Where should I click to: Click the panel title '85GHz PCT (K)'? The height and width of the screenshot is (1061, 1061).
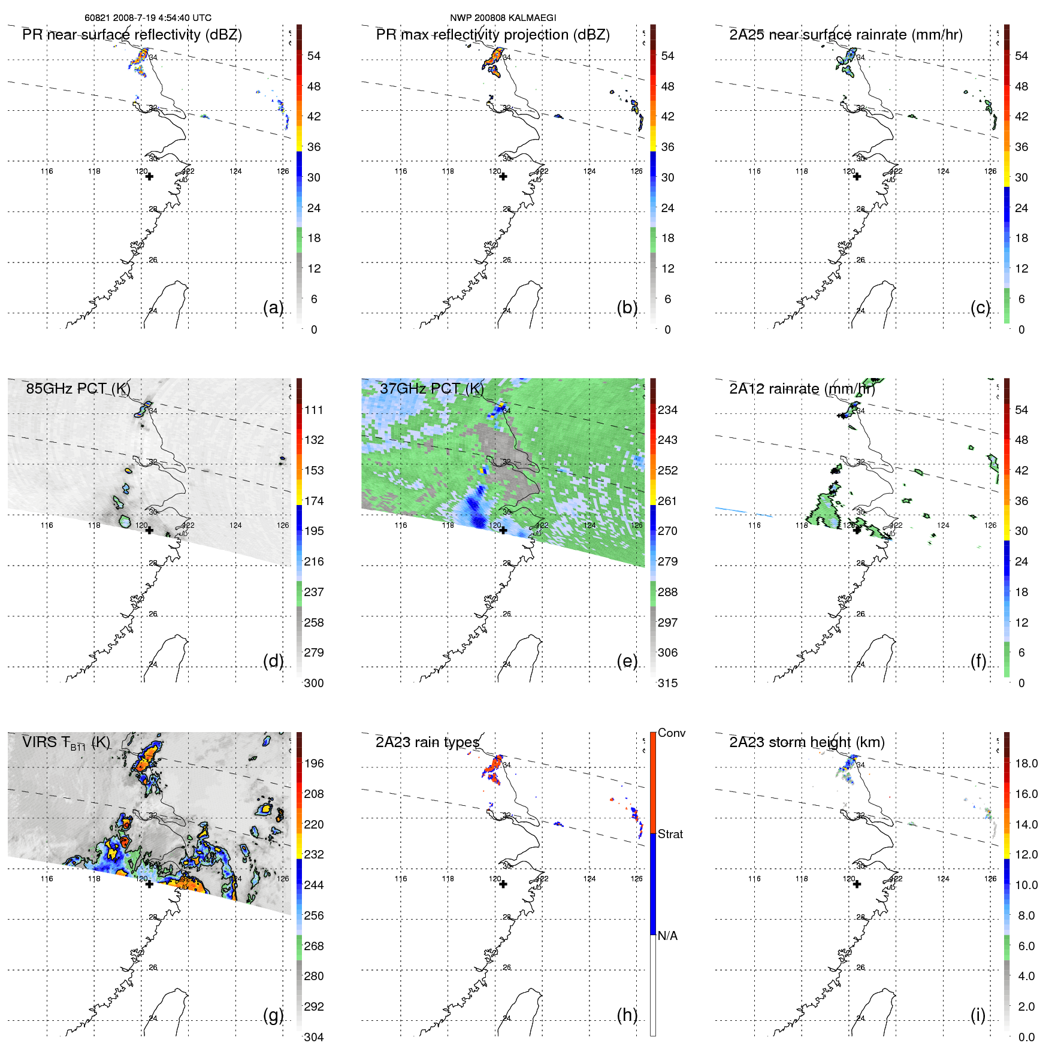78,389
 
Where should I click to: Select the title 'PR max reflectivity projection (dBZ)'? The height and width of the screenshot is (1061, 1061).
492,35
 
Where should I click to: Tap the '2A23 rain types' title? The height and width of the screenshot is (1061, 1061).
427,742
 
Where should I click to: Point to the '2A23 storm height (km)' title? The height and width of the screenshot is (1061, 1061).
806,742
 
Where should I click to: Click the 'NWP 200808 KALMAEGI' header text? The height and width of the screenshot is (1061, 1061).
503,18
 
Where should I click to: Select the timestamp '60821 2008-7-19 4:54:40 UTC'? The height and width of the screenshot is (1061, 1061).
148,18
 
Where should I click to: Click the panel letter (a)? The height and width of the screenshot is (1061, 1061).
273,307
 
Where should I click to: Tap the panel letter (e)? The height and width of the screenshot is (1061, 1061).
627,661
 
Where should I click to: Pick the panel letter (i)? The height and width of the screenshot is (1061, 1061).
978,1015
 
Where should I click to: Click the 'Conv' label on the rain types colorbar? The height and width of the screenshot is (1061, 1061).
672,733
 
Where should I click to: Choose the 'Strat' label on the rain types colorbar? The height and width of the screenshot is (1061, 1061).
670,834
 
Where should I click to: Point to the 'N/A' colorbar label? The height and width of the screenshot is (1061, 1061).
667,936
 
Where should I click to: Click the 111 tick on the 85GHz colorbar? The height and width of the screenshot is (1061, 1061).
314,410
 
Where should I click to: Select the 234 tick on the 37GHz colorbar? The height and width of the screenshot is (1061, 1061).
667,410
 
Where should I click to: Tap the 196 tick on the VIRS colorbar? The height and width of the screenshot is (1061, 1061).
314,763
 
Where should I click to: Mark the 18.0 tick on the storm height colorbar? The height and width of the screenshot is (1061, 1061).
1026,763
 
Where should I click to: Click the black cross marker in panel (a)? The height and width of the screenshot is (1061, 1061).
149,177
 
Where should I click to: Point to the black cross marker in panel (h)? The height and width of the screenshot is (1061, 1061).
503,884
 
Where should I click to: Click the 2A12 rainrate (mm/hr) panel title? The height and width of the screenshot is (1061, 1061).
802,389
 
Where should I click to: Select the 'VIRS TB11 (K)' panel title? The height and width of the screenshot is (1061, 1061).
66,743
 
